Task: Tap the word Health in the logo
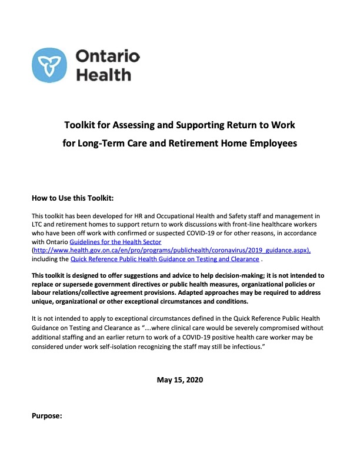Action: click(104, 75)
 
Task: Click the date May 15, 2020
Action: click(179, 379)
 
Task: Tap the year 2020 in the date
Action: click(192, 379)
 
